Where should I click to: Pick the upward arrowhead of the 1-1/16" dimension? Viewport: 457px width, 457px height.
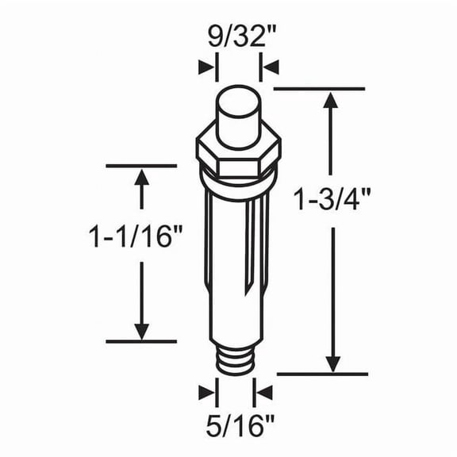(142, 179)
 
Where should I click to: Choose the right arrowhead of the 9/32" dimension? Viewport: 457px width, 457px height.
(270, 68)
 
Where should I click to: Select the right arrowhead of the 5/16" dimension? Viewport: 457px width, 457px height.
(263, 392)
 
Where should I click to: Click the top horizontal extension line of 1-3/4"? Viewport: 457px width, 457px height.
(317, 89)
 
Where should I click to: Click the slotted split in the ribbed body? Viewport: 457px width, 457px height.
(254, 246)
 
